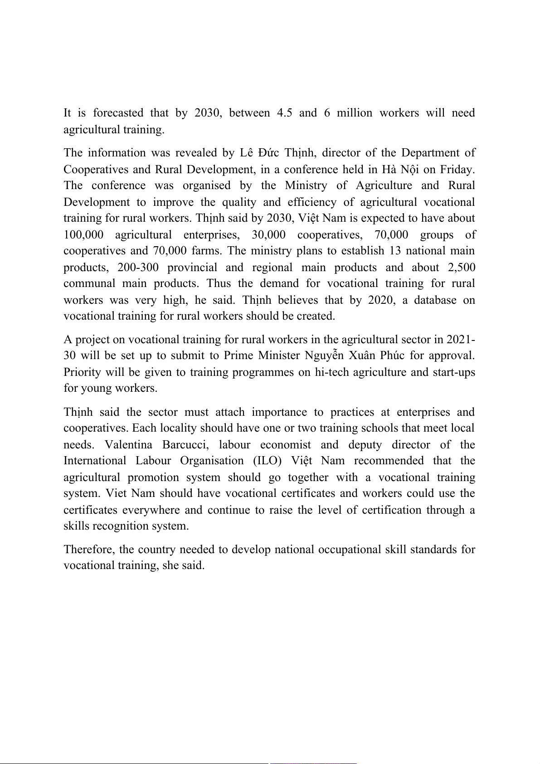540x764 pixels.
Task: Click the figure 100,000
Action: click(83, 235)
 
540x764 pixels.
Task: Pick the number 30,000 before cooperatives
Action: click(268, 235)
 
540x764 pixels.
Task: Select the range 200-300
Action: click(138, 268)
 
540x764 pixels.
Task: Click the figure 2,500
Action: click(461, 268)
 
